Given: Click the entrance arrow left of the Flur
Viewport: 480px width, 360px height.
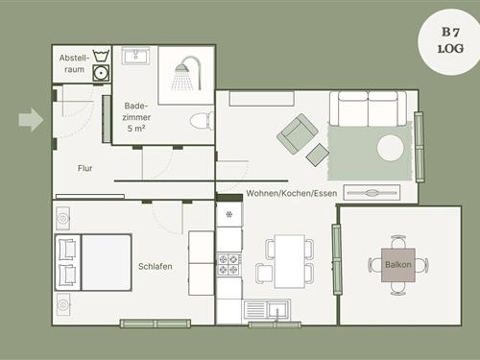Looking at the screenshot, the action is click(x=31, y=120).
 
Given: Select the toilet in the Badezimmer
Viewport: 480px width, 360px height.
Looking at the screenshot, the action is click(x=203, y=121).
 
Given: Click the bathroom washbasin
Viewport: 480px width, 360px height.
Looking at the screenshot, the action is click(x=135, y=56).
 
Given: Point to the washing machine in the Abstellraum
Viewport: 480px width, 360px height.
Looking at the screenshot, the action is click(x=101, y=73).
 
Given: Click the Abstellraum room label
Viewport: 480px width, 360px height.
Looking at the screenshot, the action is click(x=74, y=63).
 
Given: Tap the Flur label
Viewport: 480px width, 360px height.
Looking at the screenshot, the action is click(x=84, y=168).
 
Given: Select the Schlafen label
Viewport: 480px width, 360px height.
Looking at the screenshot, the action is click(x=156, y=266).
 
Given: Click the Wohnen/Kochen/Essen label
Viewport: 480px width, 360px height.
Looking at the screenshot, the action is click(x=292, y=193).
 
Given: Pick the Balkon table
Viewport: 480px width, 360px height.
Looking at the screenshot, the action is click(x=398, y=265).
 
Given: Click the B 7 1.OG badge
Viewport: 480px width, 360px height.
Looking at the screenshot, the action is click(x=451, y=41).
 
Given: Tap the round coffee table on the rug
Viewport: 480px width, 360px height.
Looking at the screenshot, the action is click(x=391, y=148).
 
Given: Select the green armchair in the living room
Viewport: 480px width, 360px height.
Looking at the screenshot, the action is click(x=298, y=133).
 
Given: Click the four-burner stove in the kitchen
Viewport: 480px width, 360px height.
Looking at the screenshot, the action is click(x=229, y=265).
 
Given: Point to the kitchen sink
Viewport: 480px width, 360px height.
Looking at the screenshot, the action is click(x=267, y=309).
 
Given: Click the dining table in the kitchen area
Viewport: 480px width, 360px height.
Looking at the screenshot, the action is click(x=290, y=261).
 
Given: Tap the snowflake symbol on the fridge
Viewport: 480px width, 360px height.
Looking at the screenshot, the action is click(x=229, y=214).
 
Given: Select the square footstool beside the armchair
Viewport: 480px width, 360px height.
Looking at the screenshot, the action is click(x=318, y=155).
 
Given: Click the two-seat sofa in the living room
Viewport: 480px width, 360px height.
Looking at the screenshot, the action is click(x=368, y=108).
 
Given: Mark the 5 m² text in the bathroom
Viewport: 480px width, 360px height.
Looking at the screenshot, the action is click(x=136, y=129).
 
